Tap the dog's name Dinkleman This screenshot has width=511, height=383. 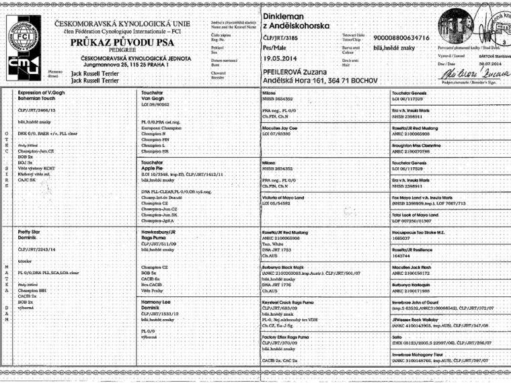pos(284,15)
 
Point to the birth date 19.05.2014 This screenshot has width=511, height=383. pos(280,58)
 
